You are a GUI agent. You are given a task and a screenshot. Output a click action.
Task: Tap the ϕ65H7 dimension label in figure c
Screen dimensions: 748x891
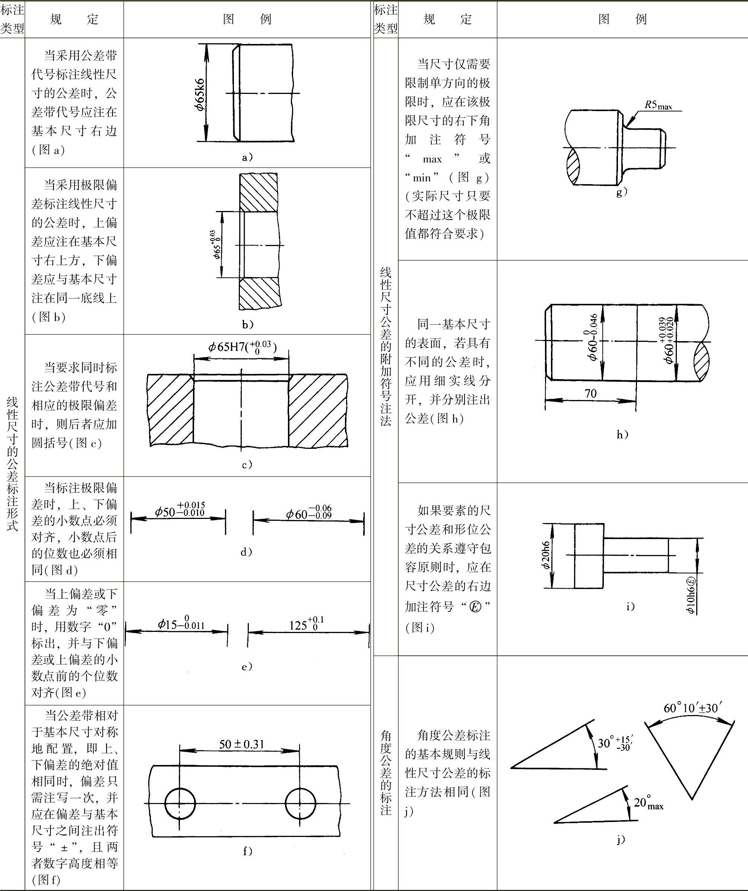point(242,347)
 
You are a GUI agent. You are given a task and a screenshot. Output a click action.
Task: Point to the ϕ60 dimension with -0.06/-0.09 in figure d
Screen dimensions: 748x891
point(309,513)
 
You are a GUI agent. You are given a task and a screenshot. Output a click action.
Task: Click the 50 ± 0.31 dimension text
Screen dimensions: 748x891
point(241,744)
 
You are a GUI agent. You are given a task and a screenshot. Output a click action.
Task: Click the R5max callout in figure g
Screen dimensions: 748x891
point(658,105)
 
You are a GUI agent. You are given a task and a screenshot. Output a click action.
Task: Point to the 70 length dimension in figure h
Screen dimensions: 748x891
point(590,393)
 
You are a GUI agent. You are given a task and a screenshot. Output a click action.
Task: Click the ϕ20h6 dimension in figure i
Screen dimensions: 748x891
point(545,555)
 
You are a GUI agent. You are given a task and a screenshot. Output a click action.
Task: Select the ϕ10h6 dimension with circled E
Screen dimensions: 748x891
point(690,595)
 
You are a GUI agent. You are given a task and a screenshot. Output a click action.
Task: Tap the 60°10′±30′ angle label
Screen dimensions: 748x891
point(693,708)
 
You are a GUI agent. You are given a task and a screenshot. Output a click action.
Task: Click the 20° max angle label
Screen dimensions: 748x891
point(648,803)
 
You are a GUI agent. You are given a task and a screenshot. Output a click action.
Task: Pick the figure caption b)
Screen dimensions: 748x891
point(248,325)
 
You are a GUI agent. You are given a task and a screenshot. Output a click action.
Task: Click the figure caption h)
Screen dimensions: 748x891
point(622,434)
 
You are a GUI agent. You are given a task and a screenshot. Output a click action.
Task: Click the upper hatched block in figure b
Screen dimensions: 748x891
point(258,192)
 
